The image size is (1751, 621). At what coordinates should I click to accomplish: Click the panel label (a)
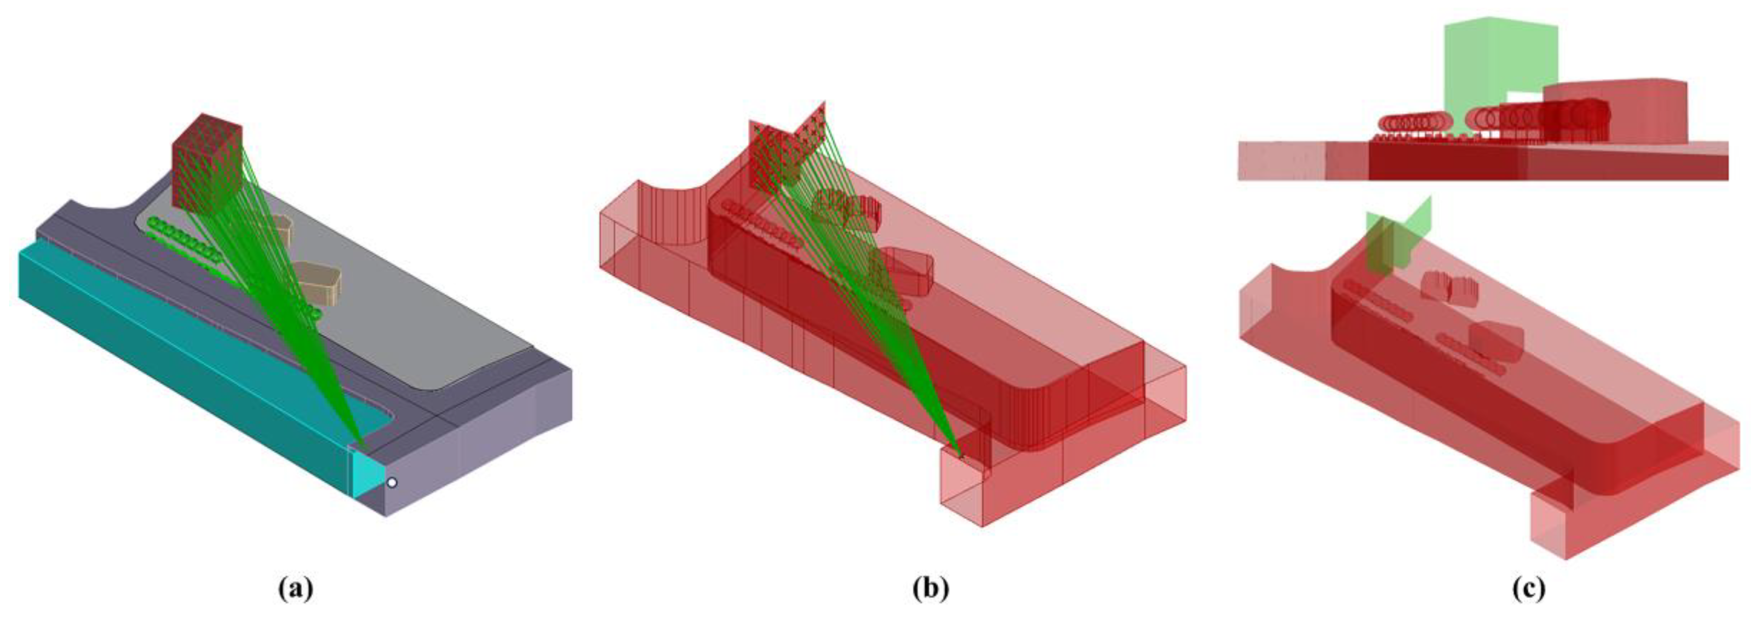click(296, 589)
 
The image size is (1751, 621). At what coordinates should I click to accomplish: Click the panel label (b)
click(931, 589)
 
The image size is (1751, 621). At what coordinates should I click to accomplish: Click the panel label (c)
click(1528, 589)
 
